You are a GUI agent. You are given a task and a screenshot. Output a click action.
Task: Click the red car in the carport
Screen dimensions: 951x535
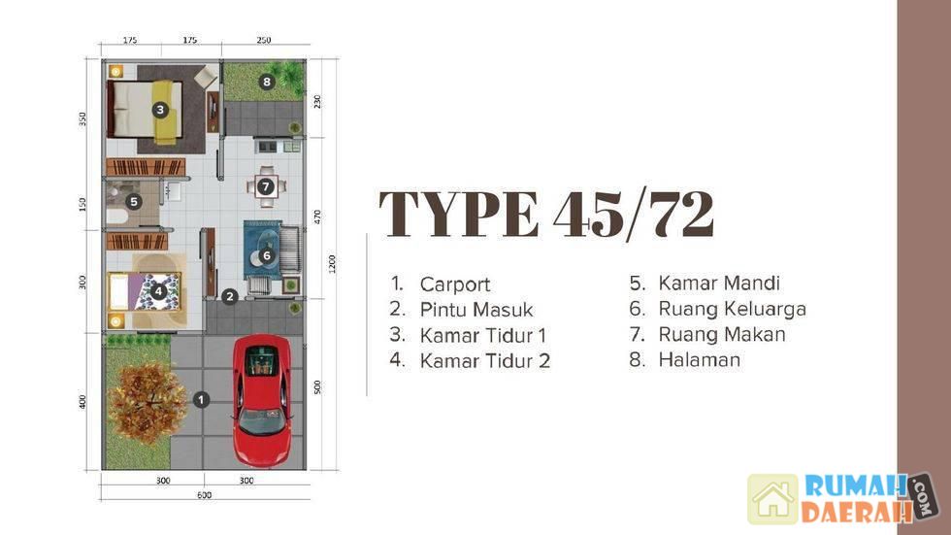[263, 401]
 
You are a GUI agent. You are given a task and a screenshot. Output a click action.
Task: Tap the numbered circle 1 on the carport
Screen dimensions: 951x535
[201, 400]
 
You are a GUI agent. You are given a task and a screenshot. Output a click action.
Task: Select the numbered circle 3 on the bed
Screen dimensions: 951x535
[160, 110]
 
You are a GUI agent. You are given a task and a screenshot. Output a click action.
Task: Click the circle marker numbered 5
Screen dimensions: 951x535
[134, 201]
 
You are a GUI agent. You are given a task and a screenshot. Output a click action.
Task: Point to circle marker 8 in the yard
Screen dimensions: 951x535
[267, 82]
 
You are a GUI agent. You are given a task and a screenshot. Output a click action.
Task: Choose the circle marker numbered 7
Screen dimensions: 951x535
[266, 186]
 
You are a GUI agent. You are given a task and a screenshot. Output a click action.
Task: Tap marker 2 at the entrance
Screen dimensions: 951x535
[229, 296]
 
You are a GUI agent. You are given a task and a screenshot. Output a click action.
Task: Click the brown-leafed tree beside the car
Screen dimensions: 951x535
[148, 403]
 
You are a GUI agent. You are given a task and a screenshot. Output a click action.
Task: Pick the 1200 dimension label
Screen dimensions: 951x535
[332, 264]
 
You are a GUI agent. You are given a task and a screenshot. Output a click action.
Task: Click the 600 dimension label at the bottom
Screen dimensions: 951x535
[205, 495]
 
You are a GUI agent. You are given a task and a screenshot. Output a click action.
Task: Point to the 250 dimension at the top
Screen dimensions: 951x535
[264, 40]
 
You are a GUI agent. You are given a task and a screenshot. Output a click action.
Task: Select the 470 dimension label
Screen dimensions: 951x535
[317, 217]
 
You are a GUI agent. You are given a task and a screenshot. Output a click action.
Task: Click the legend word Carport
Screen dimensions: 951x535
[455, 284]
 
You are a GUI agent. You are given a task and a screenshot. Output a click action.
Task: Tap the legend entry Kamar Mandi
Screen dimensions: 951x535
[719, 283]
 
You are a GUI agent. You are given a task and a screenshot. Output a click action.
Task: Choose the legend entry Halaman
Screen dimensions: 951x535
[700, 359]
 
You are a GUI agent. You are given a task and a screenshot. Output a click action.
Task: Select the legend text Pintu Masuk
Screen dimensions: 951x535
[476, 310]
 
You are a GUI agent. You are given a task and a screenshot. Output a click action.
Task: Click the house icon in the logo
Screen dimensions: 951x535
[772, 499]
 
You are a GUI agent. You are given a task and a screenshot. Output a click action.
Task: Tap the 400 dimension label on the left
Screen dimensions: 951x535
[82, 402]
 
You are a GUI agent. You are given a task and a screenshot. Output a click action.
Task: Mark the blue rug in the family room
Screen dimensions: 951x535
[263, 250]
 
